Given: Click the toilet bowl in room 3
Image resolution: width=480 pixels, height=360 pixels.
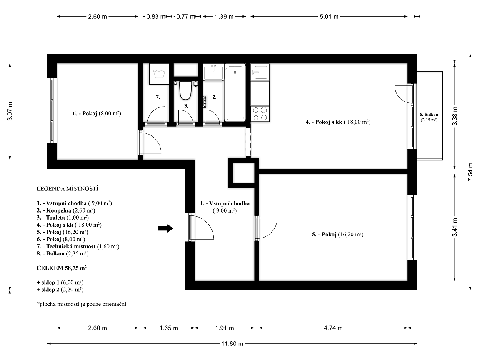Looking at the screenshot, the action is (185, 90).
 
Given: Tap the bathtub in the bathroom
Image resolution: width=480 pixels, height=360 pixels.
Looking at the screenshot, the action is (235, 92).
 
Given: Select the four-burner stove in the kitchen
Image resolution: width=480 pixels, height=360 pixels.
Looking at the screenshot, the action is (260, 114).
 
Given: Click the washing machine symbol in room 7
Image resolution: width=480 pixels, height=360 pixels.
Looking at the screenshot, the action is (159, 74).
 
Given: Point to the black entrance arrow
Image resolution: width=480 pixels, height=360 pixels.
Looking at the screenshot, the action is (165, 228).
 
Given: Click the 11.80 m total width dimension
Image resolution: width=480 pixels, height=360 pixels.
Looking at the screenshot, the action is (232, 344).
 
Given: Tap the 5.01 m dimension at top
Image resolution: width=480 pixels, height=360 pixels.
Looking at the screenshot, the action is (329, 17).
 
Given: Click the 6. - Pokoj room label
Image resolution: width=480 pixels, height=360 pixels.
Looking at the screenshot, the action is (97, 114).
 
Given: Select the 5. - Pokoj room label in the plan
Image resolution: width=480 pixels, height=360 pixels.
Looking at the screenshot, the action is (337, 235).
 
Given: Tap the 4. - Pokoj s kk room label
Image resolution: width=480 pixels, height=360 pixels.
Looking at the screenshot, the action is (338, 122).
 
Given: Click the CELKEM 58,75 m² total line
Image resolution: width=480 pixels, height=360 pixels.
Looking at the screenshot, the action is (62, 268).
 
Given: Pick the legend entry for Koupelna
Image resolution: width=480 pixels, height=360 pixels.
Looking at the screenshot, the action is (66, 210).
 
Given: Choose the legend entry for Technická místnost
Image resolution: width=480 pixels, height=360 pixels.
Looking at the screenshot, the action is (78, 246).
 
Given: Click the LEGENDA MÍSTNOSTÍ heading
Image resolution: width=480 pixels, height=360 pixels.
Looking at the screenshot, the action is (67, 189).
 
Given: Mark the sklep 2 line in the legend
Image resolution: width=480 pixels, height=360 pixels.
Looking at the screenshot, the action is (60, 290).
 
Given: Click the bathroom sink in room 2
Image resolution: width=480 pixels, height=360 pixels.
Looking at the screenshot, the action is (213, 72).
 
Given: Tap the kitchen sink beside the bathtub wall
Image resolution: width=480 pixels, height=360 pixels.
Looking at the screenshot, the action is (260, 72).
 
